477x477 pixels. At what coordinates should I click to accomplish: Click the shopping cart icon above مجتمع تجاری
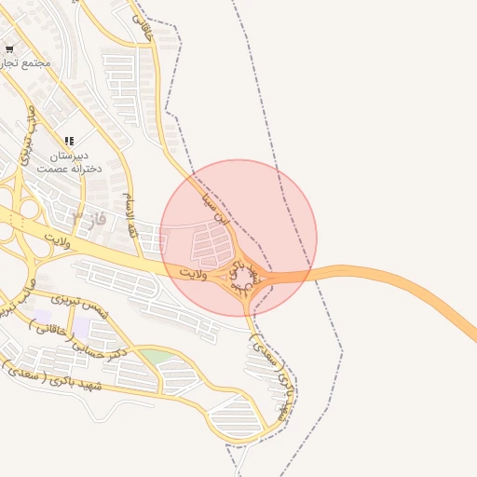point(9,48)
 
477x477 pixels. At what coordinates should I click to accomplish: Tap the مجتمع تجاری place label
point(27,63)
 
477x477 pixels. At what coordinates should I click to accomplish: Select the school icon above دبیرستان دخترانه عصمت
point(69,141)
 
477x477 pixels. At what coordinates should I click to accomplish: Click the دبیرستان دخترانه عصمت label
point(63,163)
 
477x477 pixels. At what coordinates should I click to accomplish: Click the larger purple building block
point(82,328)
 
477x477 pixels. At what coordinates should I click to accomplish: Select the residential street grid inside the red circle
point(211,245)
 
